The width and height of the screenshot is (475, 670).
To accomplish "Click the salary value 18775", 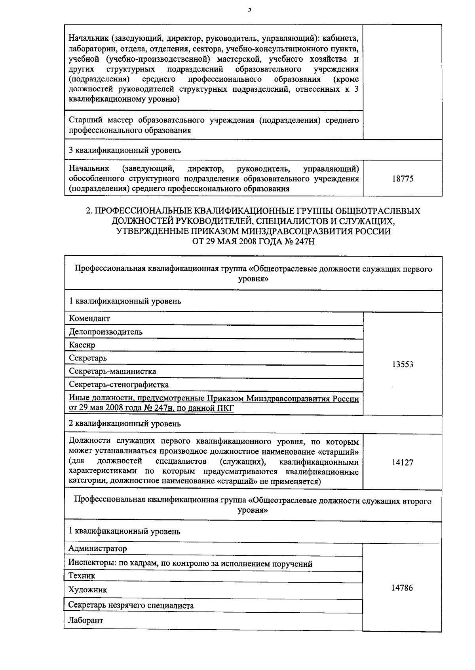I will (403, 179).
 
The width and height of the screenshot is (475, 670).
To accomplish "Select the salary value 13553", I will (403, 364).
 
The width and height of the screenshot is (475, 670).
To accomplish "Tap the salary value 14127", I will (403, 462).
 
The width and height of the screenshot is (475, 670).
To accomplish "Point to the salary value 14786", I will (402, 588).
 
